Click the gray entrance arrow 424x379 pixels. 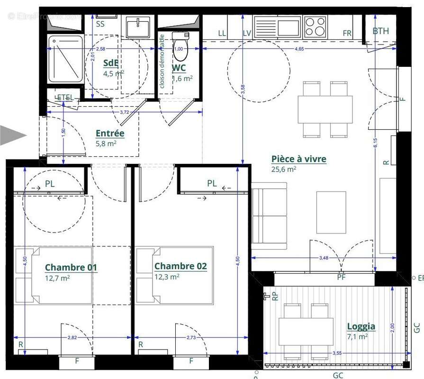tap(12, 135)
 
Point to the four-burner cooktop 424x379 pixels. tap(315, 27)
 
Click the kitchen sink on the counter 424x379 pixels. tap(277, 26)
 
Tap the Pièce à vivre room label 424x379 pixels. tap(298, 159)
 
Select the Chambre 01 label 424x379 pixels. tap(71, 268)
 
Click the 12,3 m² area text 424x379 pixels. tap(167, 277)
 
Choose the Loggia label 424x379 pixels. tap(361, 326)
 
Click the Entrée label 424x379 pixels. tap(110, 134)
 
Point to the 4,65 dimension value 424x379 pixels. tap(299, 49)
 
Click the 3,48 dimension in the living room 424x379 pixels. tap(324, 258)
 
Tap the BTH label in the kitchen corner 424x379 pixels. tap(380, 31)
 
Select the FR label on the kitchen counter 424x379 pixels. tap(347, 33)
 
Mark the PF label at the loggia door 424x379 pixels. tap(341, 277)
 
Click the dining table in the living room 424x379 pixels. tap(325, 109)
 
